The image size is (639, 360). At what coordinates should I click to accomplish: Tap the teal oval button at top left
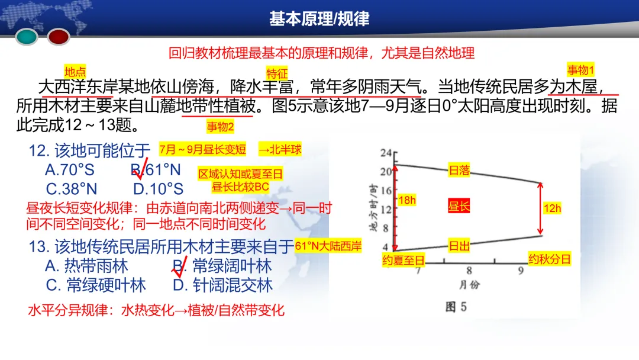[27, 37]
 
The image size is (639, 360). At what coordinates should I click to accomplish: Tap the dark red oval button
[59, 37]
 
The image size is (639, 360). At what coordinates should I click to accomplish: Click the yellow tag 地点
[75, 72]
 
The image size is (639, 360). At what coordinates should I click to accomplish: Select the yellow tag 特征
[276, 73]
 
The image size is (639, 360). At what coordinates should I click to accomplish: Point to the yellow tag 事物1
[581, 69]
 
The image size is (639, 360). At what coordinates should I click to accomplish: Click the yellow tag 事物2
[220, 127]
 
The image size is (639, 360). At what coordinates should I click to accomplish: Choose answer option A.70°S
[69, 171]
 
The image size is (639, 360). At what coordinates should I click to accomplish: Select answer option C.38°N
[71, 189]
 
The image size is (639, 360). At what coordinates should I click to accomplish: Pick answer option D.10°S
[158, 189]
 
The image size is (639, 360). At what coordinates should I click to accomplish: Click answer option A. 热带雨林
[86, 266]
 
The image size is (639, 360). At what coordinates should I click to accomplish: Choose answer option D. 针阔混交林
[222, 285]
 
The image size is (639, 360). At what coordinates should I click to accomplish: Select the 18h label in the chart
[407, 200]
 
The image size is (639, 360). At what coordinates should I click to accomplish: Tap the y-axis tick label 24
[386, 153]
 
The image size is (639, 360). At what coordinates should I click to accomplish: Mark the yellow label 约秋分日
[550, 259]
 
